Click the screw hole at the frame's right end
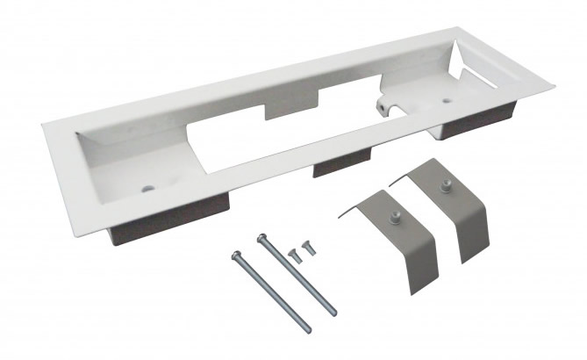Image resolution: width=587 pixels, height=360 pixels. [x=447, y=101]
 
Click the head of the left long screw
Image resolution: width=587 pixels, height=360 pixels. [x=236, y=256]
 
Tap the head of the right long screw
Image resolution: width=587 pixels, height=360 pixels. [x=261, y=236]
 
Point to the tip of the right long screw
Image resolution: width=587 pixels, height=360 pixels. [x=332, y=312]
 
